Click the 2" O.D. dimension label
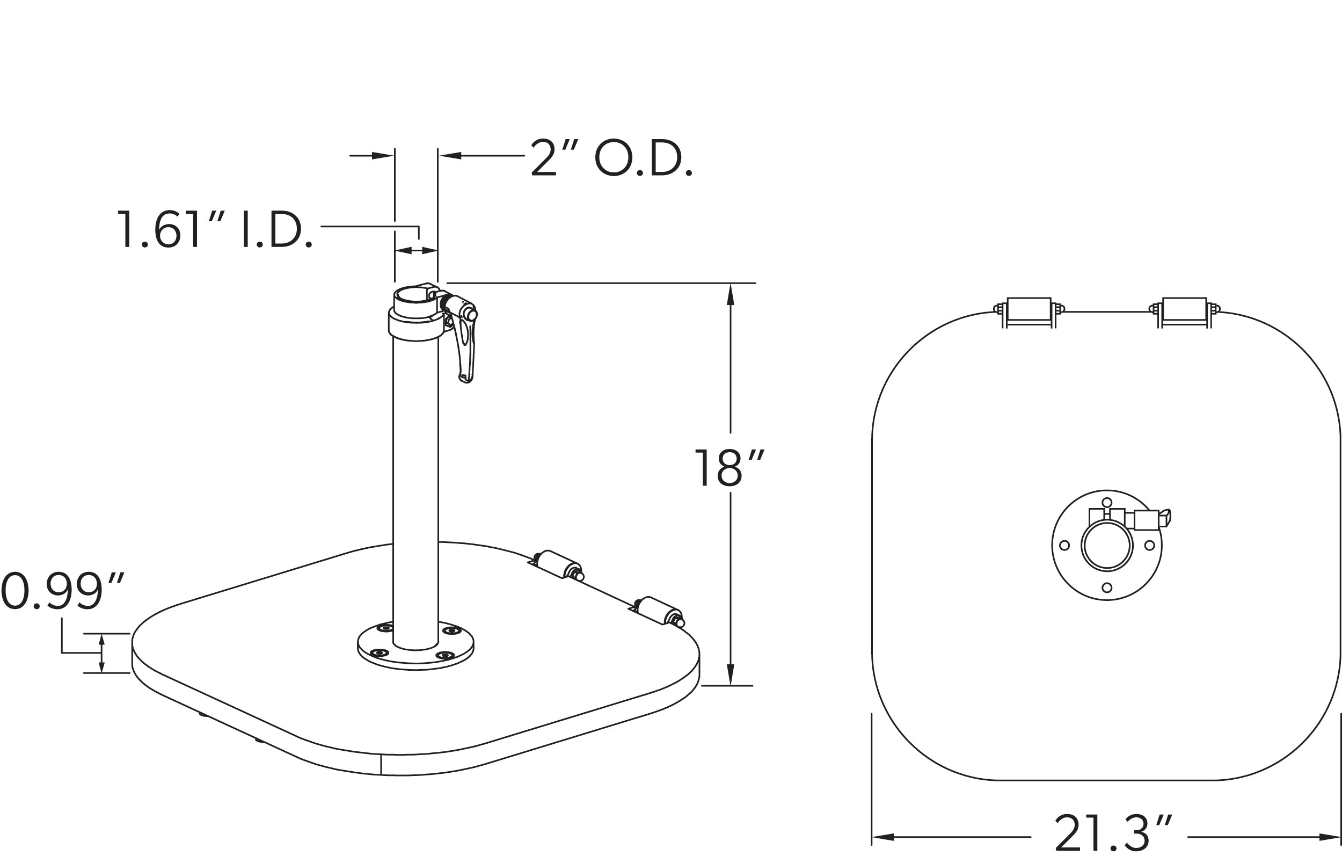pos(611,159)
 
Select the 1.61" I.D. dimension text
pos(214,230)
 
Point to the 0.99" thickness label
pos(62,591)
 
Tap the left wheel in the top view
pos(1029,311)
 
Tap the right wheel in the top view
pos(1184,311)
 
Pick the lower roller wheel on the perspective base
pos(659,610)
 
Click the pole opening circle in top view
pos(1107,545)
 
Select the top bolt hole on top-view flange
pos(1107,502)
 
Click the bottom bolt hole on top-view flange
pos(1107,588)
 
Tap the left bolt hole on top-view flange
pos(1064,545)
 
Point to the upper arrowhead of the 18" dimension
pos(730,295)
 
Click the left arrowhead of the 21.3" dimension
pos(882,837)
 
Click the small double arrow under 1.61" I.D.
pos(415,250)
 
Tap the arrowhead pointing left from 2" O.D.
pos(450,156)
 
